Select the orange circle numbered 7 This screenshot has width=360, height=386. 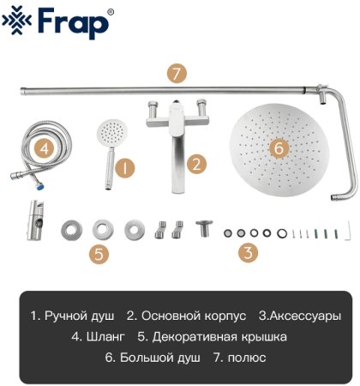click(176, 73)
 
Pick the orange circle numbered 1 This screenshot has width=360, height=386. click(125, 167)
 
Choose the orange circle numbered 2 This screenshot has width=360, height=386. click(196, 163)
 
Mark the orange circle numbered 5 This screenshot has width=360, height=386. click(100, 253)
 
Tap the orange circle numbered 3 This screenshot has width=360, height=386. click(248, 252)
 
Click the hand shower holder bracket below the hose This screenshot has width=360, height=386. click(35, 226)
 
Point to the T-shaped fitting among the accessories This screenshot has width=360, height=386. click(204, 229)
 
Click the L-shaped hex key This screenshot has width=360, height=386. click(350, 230)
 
